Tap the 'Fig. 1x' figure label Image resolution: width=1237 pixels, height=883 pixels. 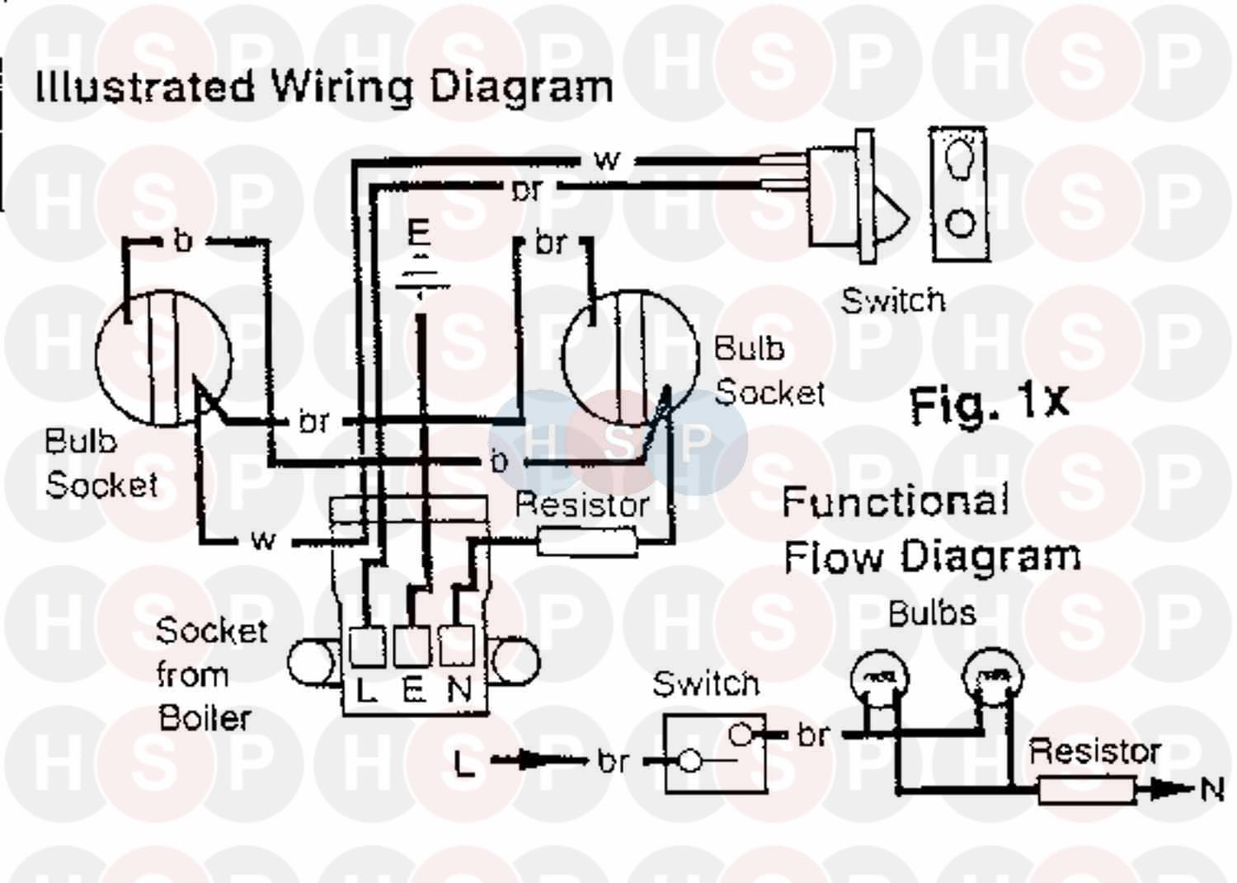tap(988, 403)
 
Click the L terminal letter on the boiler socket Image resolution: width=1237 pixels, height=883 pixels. tap(365, 691)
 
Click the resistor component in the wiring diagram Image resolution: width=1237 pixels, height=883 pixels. tap(586, 542)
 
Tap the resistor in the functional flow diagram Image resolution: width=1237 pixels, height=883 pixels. tap(1085, 791)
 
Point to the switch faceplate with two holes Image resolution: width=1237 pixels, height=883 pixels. tap(959, 194)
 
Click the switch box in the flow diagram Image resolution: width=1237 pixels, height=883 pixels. tap(715, 752)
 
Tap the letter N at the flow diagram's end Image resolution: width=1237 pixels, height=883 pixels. tap(1211, 790)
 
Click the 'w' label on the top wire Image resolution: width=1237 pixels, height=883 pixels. tap(606, 159)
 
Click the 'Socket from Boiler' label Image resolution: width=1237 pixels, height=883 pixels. tap(209, 674)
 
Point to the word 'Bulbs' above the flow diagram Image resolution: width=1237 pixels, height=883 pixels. tap(932, 613)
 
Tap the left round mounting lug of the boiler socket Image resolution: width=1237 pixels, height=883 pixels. tap(310, 661)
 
